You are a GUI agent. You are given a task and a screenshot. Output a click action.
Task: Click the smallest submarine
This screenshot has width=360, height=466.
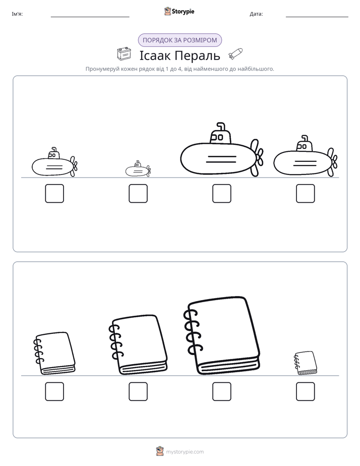[x=138, y=169]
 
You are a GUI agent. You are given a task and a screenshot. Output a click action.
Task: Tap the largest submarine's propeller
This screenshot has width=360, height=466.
[x=256, y=157]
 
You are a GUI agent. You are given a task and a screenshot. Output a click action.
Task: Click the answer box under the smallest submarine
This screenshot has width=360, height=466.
[x=138, y=194]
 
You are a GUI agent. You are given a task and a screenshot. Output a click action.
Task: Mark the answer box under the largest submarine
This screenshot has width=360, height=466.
[x=222, y=194]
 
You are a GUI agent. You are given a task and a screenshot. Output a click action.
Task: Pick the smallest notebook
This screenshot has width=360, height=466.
[x=306, y=363]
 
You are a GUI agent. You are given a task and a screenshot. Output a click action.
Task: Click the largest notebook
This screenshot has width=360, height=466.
[x=222, y=335]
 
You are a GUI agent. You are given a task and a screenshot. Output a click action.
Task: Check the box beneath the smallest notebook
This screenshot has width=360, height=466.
[x=306, y=391]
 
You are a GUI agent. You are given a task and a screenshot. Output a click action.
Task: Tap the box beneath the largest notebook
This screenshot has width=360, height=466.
[x=222, y=391]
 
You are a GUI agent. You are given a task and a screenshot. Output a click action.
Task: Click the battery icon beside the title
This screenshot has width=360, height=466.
[x=124, y=54]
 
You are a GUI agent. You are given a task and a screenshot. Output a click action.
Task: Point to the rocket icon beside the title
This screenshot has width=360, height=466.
[x=235, y=54]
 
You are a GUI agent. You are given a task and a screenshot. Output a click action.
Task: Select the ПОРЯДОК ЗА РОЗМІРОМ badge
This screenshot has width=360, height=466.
[x=179, y=40]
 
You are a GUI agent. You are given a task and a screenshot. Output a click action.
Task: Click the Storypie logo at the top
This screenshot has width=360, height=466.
[x=179, y=11]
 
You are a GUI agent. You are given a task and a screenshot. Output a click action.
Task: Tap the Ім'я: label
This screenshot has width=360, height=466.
[x=17, y=14]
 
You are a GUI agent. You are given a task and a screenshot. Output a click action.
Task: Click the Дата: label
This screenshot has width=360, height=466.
[x=256, y=14]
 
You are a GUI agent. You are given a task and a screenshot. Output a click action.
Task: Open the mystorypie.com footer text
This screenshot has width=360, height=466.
[x=185, y=452]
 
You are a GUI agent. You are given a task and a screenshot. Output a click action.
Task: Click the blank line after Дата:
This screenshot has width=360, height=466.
[x=317, y=17]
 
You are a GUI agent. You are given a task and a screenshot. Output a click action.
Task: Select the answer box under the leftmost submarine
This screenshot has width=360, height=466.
[x=54, y=194]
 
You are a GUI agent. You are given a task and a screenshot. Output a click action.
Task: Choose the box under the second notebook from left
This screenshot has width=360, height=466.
[x=138, y=391]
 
